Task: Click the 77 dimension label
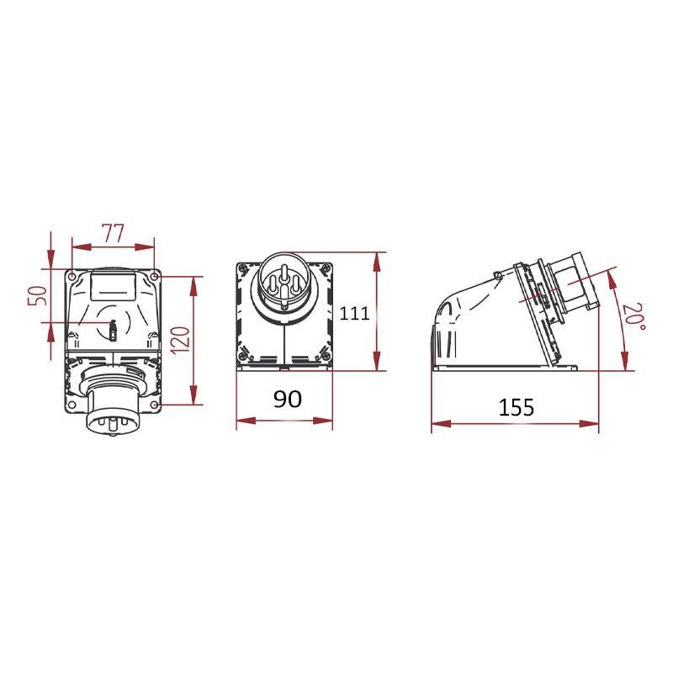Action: [x=113, y=233]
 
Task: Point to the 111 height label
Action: [x=354, y=313]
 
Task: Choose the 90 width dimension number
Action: [x=288, y=399]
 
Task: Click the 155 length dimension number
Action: [x=517, y=407]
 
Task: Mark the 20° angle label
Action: [x=635, y=317]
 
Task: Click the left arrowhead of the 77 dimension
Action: [x=82, y=246]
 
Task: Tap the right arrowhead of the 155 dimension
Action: [x=589, y=424]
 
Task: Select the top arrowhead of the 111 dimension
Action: [x=376, y=262]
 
